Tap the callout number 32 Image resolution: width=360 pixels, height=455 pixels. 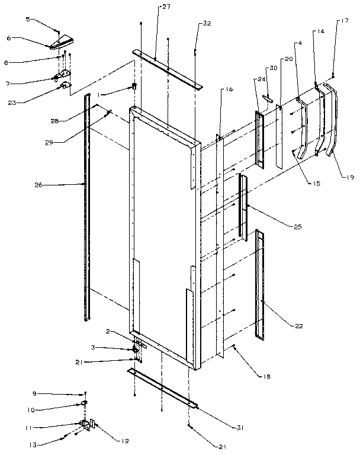(206, 24)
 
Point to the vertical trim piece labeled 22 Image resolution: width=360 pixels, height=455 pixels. (259, 284)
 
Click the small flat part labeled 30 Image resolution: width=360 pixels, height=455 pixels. (268, 100)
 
